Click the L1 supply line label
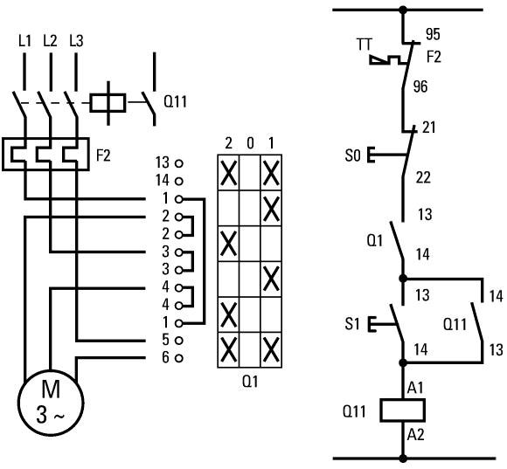point(24,41)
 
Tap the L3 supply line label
point(76,41)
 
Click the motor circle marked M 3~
point(51,403)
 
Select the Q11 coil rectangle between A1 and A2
point(403,410)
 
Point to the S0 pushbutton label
point(352,155)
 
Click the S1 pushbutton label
point(352,324)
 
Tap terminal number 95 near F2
point(433,34)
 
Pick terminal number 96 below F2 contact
point(420,86)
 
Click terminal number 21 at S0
point(429,128)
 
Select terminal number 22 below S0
point(423,177)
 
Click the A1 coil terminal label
point(415,388)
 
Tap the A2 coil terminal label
point(415,435)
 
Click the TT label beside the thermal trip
point(365,45)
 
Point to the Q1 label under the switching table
point(250,382)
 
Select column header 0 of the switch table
point(250,143)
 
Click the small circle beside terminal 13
point(179,164)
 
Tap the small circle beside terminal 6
point(179,358)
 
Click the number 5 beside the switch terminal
point(165,340)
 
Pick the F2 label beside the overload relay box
point(103,155)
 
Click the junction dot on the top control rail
point(403,10)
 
